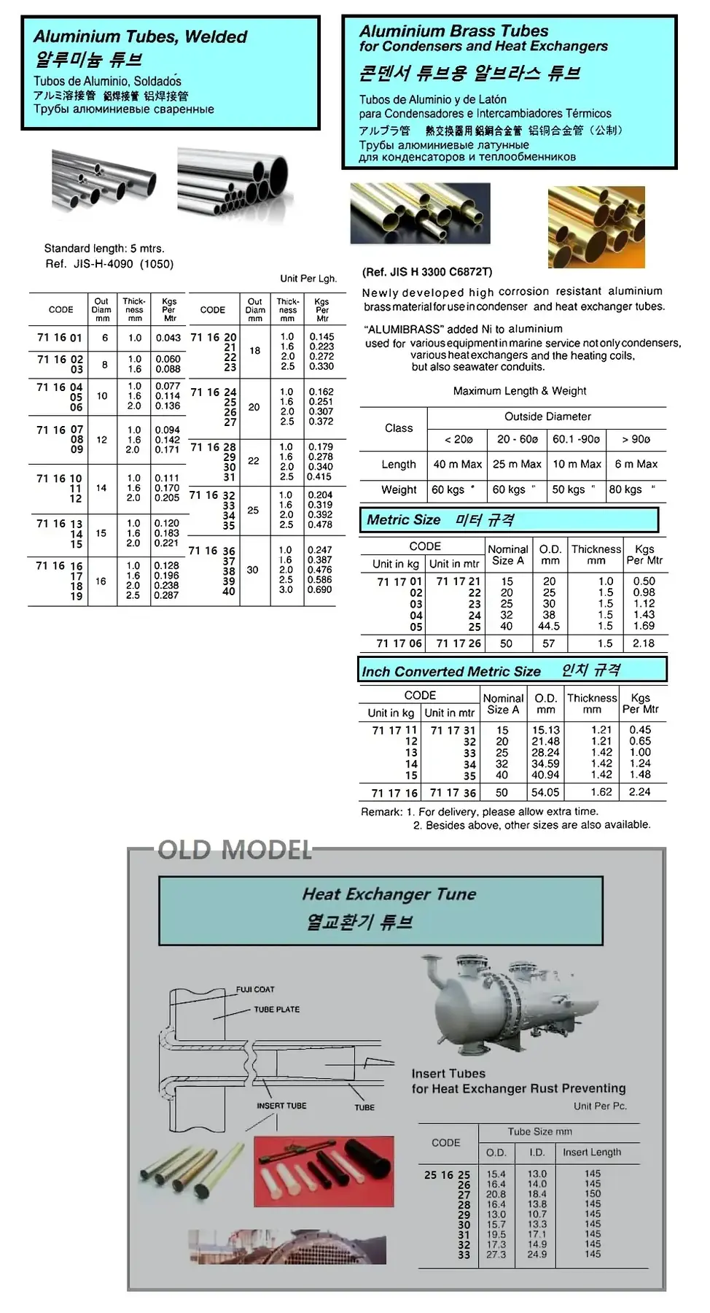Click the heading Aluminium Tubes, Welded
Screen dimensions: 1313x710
[140, 36]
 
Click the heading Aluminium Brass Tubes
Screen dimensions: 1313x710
[453, 31]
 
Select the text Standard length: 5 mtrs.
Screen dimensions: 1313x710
[104, 248]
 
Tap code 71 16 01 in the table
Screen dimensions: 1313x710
[60, 338]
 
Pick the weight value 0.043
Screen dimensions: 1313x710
[168, 338]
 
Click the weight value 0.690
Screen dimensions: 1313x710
[320, 589]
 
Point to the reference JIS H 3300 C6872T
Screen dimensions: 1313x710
[427, 272]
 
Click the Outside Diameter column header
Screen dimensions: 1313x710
[547, 417]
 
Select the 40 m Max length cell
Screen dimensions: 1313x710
[458, 464]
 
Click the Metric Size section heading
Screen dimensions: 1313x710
[404, 520]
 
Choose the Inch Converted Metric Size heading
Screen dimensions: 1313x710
[451, 671]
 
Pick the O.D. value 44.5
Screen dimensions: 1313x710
[549, 626]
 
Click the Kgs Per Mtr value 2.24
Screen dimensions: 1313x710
[640, 791]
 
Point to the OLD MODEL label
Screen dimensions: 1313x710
[235, 850]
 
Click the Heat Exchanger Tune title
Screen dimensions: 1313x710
[389, 894]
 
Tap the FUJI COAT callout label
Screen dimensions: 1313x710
[255, 990]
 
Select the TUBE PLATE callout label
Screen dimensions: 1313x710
[276, 1010]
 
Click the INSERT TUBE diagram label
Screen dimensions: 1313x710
[281, 1106]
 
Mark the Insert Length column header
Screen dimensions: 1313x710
[592, 1153]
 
